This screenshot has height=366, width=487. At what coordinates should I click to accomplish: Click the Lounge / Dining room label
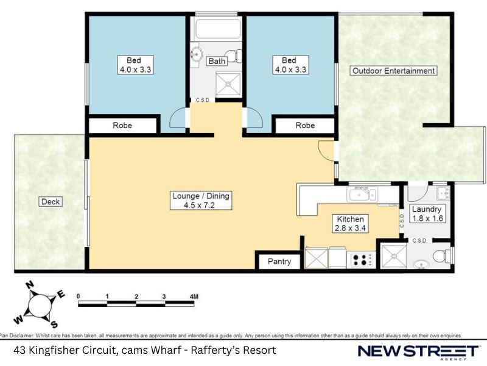click(201, 201)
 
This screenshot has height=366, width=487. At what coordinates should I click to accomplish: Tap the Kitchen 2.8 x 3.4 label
click(351, 223)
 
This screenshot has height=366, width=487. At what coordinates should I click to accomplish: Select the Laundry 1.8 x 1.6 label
click(427, 214)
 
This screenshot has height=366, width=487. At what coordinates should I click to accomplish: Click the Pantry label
click(279, 262)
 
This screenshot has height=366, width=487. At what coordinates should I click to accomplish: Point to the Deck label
click(51, 202)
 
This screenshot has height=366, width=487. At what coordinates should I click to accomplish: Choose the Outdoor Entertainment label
click(393, 71)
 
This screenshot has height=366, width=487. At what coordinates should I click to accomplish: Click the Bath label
click(217, 61)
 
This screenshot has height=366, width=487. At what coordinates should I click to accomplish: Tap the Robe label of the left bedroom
click(122, 126)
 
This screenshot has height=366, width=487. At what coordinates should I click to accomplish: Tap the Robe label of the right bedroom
click(305, 126)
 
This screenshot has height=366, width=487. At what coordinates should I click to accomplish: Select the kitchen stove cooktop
click(361, 260)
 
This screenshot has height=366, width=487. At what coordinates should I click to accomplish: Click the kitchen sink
click(362, 194)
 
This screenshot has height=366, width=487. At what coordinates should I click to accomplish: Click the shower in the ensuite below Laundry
click(393, 256)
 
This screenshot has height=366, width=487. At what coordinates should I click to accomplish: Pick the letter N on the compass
click(29, 284)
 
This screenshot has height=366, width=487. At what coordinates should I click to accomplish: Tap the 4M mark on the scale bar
click(194, 296)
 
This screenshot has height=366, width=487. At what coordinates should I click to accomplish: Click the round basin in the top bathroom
click(195, 54)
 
